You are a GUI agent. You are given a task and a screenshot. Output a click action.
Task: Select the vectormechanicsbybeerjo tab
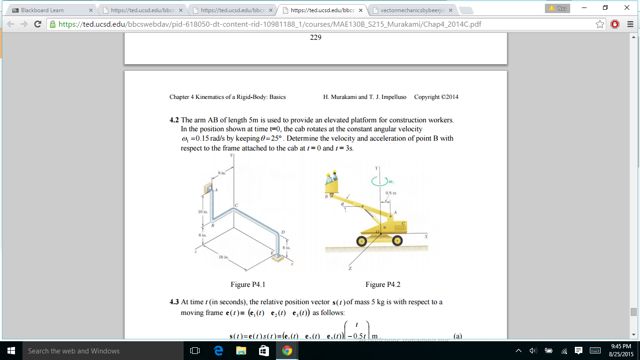click(x=412, y=10)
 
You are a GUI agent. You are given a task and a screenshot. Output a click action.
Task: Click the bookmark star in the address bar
click(x=600, y=24)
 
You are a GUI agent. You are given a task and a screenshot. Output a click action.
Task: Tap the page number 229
click(x=315, y=37)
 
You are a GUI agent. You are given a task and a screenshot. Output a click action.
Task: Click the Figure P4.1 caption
click(x=248, y=285)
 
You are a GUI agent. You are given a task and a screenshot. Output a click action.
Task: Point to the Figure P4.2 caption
click(x=383, y=285)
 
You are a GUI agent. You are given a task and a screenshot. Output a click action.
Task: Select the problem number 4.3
click(x=174, y=302)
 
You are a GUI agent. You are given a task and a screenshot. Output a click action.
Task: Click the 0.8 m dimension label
click(x=391, y=193)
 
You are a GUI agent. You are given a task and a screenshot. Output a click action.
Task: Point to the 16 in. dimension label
click(x=224, y=257)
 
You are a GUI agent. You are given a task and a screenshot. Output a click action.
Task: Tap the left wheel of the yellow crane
click(x=361, y=241)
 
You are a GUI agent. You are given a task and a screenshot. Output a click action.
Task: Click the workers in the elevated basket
click(x=332, y=177)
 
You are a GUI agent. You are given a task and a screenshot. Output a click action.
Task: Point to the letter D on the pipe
click(x=283, y=232)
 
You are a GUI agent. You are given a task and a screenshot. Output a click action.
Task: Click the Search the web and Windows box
click(x=74, y=351)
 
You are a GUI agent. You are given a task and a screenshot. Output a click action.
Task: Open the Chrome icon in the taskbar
click(x=287, y=351)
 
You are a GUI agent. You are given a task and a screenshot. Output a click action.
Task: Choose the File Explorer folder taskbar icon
click(x=241, y=351)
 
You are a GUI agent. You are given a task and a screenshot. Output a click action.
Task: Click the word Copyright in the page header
click(x=427, y=97)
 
